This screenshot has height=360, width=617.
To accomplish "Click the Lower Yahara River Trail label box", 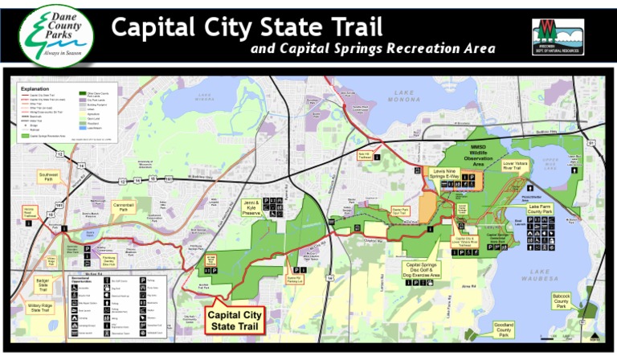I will pyautogui.click(x=515, y=166).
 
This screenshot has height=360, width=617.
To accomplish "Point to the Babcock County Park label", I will pyautogui.click(x=562, y=301).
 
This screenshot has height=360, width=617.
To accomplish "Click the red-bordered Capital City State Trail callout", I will pyautogui.click(x=236, y=320).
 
